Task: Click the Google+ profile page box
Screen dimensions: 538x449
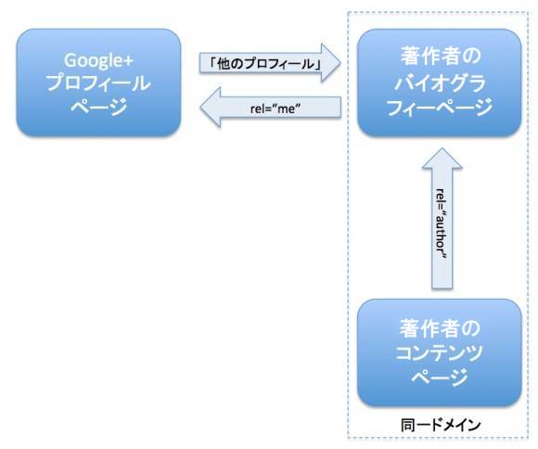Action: (x=98, y=83)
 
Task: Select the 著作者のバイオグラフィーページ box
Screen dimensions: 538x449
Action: (x=439, y=83)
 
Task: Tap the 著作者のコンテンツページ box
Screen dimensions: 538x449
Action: (x=439, y=353)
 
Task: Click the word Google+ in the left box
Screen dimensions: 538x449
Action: (x=98, y=60)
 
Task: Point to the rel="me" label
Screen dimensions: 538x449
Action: (x=275, y=109)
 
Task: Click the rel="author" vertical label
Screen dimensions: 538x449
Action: (x=442, y=224)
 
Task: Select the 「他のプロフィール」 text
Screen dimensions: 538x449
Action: (x=265, y=63)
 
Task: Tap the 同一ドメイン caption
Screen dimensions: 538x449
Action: (x=441, y=425)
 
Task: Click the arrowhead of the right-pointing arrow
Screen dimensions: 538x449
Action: (x=330, y=63)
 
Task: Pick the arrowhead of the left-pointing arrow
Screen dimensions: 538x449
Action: (x=211, y=108)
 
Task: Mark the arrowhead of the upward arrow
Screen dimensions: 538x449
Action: (x=442, y=159)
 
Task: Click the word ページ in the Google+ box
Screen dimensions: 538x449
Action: (x=98, y=107)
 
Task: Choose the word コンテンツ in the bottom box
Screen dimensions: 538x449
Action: (x=439, y=353)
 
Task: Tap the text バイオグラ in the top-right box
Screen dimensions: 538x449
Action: (x=440, y=83)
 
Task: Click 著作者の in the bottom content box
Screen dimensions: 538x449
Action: (x=440, y=328)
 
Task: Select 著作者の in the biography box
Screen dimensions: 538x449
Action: (x=441, y=57)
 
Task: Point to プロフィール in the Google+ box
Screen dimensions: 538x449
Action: (x=98, y=83)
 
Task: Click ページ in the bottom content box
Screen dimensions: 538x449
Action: (x=440, y=377)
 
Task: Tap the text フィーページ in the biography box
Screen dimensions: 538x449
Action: (x=440, y=107)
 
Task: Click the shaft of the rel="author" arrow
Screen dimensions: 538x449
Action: (x=442, y=228)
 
